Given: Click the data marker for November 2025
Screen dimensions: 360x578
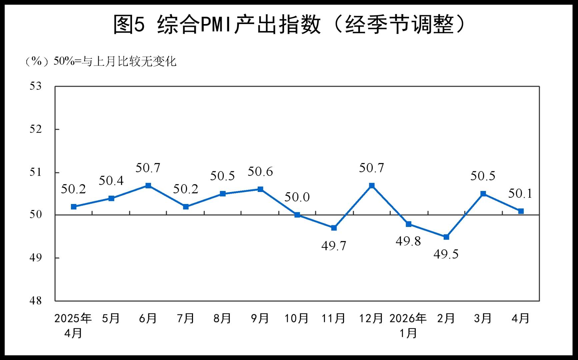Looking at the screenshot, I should pyautogui.click(x=334, y=228).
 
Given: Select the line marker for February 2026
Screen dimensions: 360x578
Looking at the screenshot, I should pyautogui.click(x=446, y=237).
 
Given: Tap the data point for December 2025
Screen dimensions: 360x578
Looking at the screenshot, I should pyautogui.click(x=372, y=185).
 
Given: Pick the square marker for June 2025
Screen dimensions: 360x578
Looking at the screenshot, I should pyautogui.click(x=148, y=185).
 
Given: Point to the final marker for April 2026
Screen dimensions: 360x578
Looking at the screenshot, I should pyautogui.click(x=521, y=211).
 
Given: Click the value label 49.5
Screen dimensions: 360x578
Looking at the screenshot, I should pyautogui.click(x=446, y=254).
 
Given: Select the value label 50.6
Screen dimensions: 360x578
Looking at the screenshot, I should pyautogui.click(x=260, y=171).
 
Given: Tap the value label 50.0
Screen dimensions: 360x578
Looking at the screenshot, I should pyautogui.click(x=297, y=197).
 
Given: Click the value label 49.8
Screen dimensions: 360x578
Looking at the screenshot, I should pyautogui.click(x=408, y=241).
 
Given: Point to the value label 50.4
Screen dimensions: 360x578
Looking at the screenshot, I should pyautogui.click(x=111, y=180).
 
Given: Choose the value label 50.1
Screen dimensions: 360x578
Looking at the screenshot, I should pyautogui.click(x=520, y=193).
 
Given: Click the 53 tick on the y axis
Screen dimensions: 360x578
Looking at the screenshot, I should pyautogui.click(x=36, y=86).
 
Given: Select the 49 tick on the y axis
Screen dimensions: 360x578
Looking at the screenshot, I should pyautogui.click(x=36, y=258).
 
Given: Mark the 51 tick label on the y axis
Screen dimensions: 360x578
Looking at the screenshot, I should pyautogui.click(x=36, y=172).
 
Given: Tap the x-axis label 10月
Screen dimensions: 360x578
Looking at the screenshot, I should pyautogui.click(x=296, y=318).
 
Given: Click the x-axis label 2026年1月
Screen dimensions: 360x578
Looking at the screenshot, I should pyautogui.click(x=408, y=325).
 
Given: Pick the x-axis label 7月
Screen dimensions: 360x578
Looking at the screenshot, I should pyautogui.click(x=185, y=318).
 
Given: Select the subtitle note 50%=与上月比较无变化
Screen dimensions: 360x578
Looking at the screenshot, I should pyautogui.click(x=115, y=61).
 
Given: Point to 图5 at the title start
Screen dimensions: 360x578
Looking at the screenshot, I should pyautogui.click(x=129, y=24).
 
